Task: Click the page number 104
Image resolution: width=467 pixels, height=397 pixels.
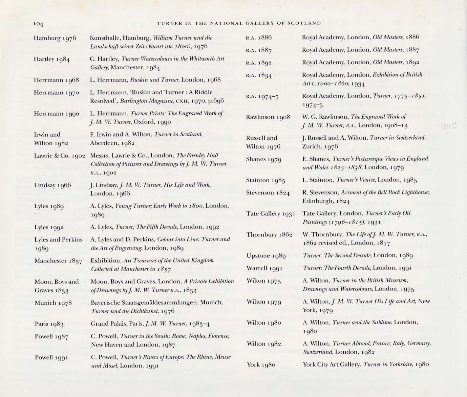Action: coord(39,24)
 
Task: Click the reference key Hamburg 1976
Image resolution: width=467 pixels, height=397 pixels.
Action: coord(55,38)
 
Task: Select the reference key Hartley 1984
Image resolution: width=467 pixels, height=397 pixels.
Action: coord(52,59)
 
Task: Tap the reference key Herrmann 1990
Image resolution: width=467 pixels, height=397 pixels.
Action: coord(57,114)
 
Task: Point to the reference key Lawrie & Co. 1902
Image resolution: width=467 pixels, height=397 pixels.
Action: coord(60,156)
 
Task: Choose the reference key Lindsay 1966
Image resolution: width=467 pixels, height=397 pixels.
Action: coord(52,185)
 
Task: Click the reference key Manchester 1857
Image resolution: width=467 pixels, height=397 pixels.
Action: coord(58,261)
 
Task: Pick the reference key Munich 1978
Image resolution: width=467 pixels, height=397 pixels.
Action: coord(53,303)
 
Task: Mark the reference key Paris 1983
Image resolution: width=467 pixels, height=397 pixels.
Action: coord(49,324)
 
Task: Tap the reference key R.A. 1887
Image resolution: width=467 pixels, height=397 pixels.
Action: coord(259,50)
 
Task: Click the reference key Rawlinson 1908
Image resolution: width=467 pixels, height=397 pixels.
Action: coord(268,117)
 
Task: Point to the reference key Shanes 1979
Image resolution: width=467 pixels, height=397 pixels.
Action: coord(264,159)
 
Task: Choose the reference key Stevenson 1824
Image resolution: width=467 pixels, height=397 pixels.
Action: coord(268,193)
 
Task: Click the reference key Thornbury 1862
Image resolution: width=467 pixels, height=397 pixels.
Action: coord(269,235)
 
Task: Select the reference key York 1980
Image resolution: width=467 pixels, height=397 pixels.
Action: coord(261,365)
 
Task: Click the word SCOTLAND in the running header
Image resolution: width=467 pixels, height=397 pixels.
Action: coord(304,23)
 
